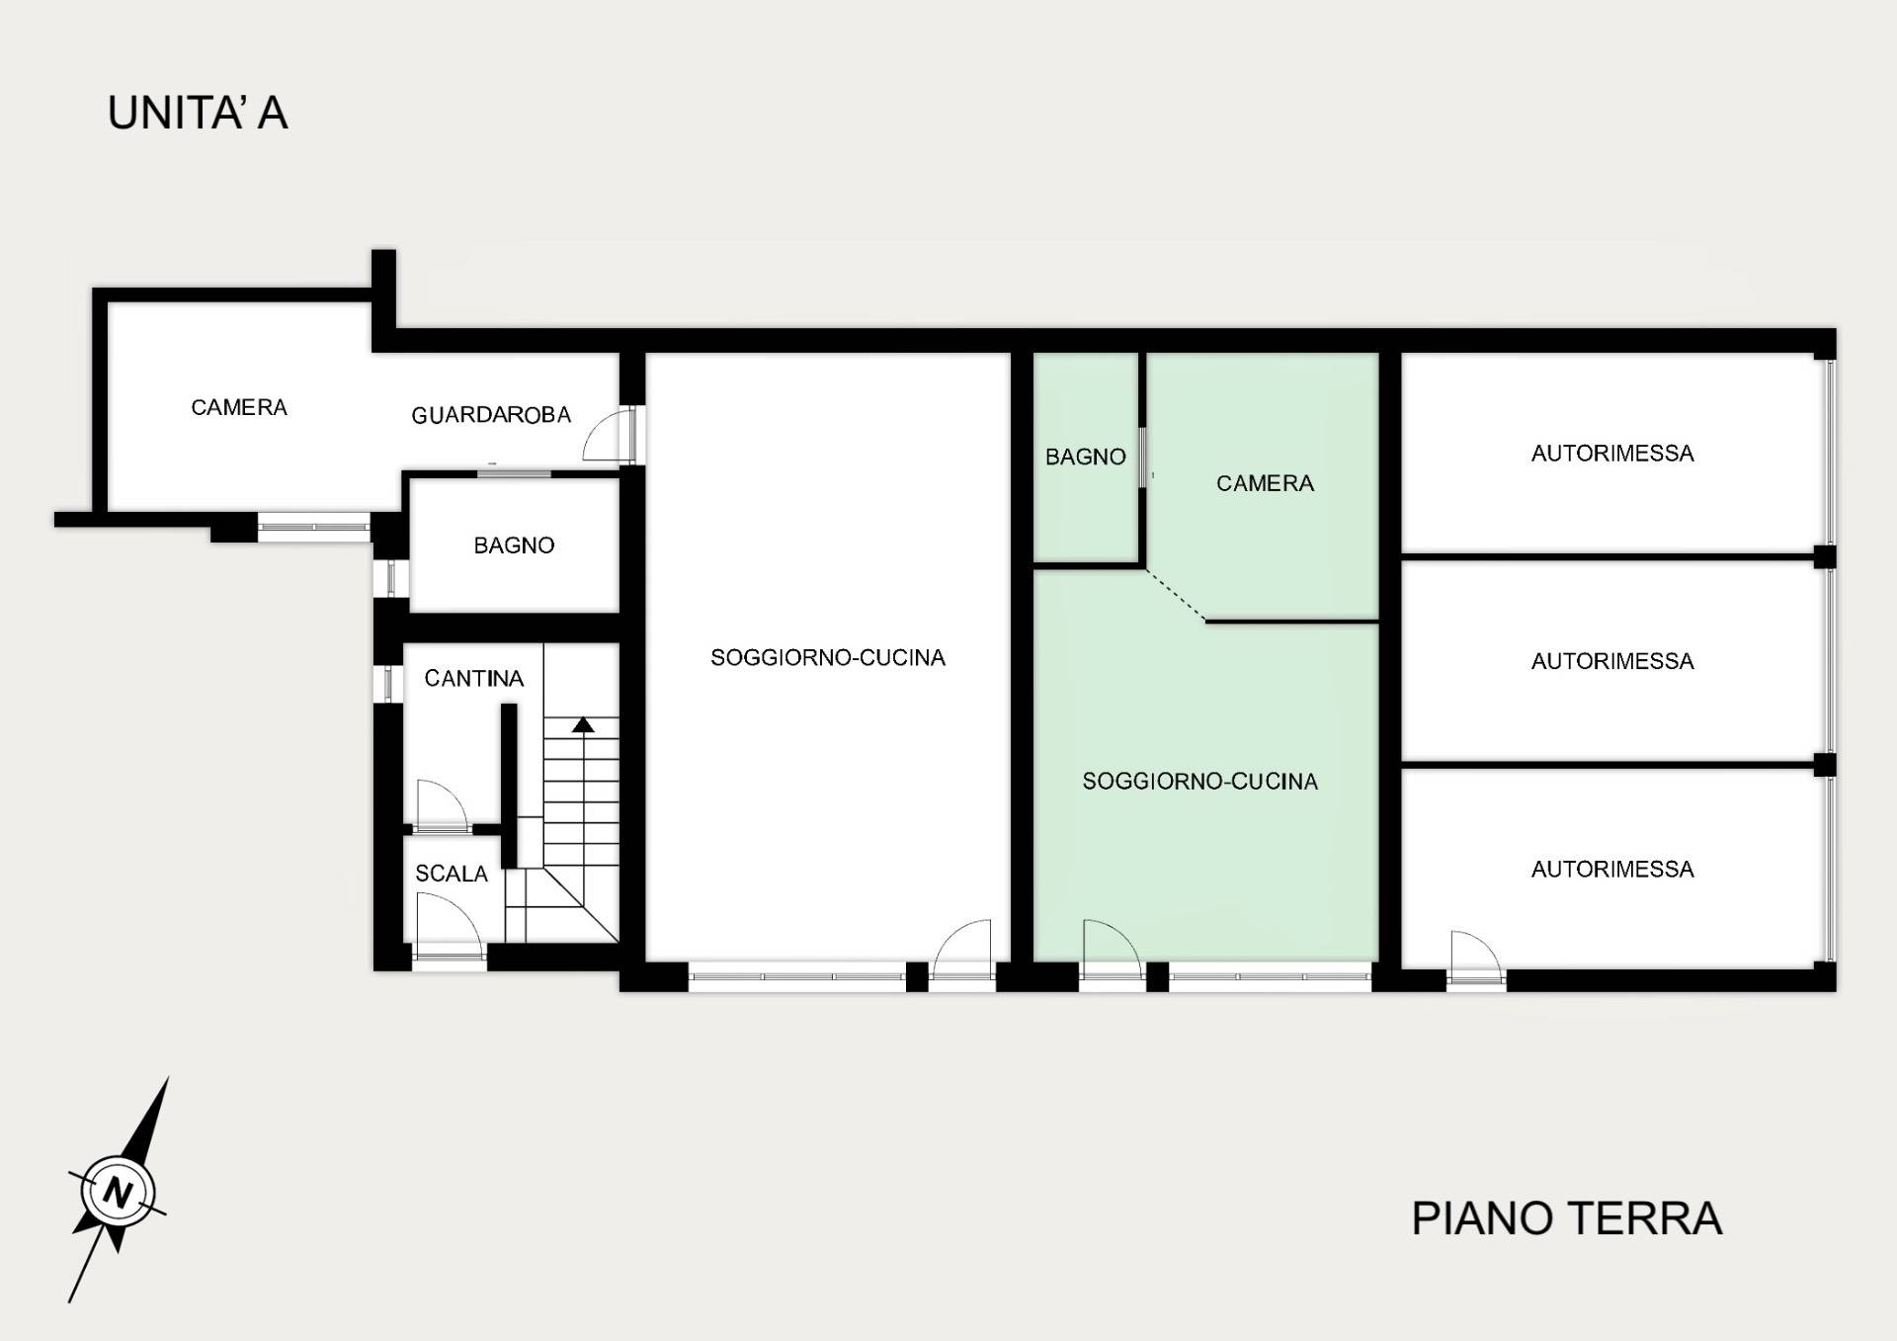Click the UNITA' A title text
(x=198, y=113)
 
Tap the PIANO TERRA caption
(x=1567, y=1218)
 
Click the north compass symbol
(x=119, y=1190)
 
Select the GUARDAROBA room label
(x=491, y=415)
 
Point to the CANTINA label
(x=474, y=678)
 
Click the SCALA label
(x=452, y=874)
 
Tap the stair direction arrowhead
(x=583, y=724)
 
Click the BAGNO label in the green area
(x=1086, y=457)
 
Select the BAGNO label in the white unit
(x=514, y=545)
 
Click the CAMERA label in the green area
(x=1265, y=483)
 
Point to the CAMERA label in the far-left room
(x=239, y=407)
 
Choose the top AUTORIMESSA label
(x=1612, y=454)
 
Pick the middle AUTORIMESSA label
(x=1612, y=661)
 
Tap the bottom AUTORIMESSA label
(x=1612, y=870)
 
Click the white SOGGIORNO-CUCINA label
(x=828, y=658)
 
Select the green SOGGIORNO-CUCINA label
(x=1199, y=782)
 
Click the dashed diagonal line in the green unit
(x=1176, y=595)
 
